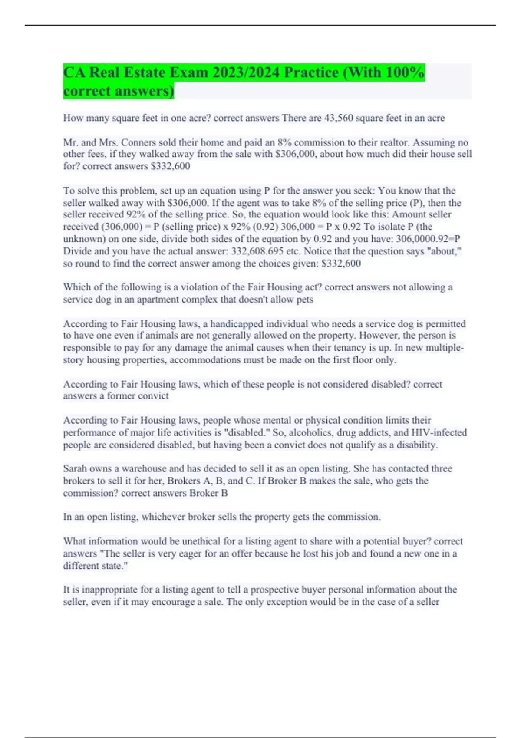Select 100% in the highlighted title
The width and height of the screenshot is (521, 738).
403,72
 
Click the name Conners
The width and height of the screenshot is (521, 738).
138,142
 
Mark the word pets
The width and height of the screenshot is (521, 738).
304,300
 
